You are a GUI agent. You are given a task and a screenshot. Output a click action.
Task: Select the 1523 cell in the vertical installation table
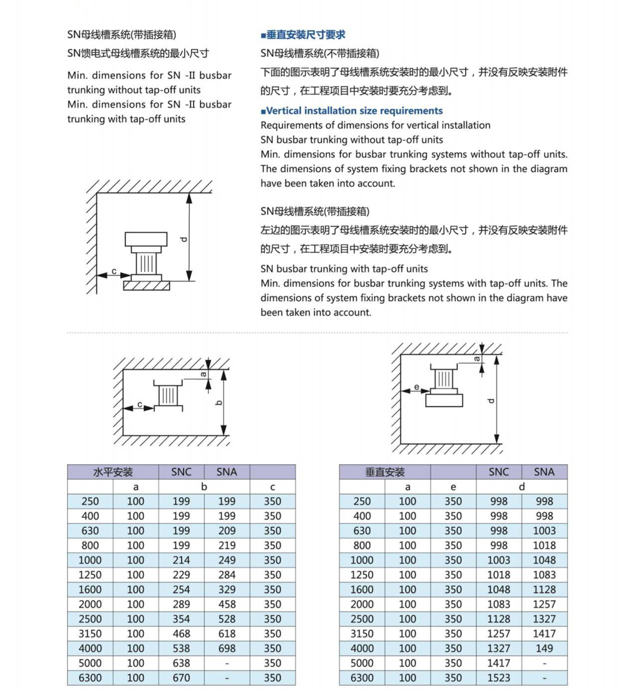point(499,678)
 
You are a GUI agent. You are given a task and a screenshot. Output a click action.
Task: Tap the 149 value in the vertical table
point(544,648)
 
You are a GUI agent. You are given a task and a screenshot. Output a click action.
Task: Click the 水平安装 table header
point(113,472)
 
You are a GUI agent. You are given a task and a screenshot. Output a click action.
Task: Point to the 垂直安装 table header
point(385,472)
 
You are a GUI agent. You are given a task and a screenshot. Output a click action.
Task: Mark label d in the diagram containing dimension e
point(491,401)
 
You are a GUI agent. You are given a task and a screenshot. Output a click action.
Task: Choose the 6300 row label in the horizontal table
point(90,678)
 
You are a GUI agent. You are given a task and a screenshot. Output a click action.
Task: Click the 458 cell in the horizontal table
point(227,604)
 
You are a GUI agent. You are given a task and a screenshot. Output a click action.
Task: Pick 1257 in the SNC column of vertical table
point(499,634)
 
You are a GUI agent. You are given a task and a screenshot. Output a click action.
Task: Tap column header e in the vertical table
point(453,487)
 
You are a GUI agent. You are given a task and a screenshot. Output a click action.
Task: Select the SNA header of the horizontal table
point(227,472)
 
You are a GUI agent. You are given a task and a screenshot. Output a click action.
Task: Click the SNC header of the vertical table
point(499,472)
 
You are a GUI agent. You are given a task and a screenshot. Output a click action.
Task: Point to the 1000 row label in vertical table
point(362,560)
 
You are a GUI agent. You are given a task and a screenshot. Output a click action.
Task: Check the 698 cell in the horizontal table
point(227,648)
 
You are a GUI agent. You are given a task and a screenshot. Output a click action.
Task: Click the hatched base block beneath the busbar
point(146,286)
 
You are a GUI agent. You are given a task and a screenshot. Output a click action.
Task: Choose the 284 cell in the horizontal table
point(227,575)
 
